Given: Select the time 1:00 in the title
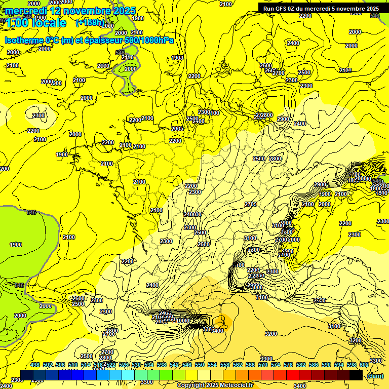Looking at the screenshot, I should click(x=17, y=23).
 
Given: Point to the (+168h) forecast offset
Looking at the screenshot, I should click(x=90, y=23).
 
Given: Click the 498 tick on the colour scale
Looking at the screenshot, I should click(x=35, y=365).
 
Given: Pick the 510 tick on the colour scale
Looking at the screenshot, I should click(x=73, y=365).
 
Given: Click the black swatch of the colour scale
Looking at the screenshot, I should click(x=356, y=375).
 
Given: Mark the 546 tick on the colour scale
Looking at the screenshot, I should click(x=187, y=365).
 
